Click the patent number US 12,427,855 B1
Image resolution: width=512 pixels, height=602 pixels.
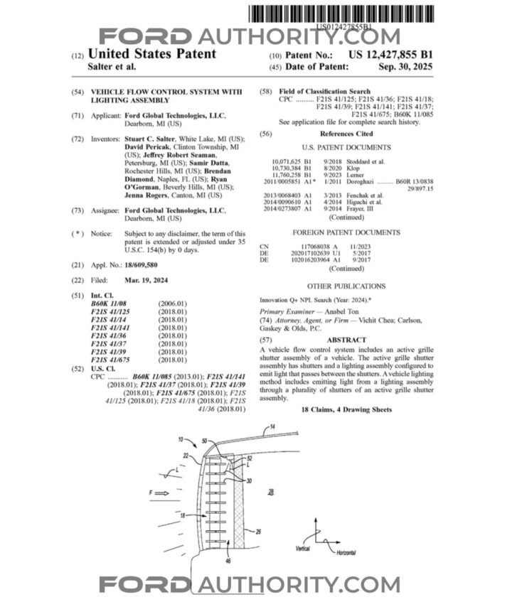[390, 54]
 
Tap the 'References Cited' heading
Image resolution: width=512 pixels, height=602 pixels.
[346, 134]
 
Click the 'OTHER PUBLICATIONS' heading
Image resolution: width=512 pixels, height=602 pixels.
[346, 286]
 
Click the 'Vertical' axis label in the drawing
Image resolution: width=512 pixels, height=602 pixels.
[302, 549]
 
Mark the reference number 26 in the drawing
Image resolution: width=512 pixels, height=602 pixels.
[257, 529]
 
